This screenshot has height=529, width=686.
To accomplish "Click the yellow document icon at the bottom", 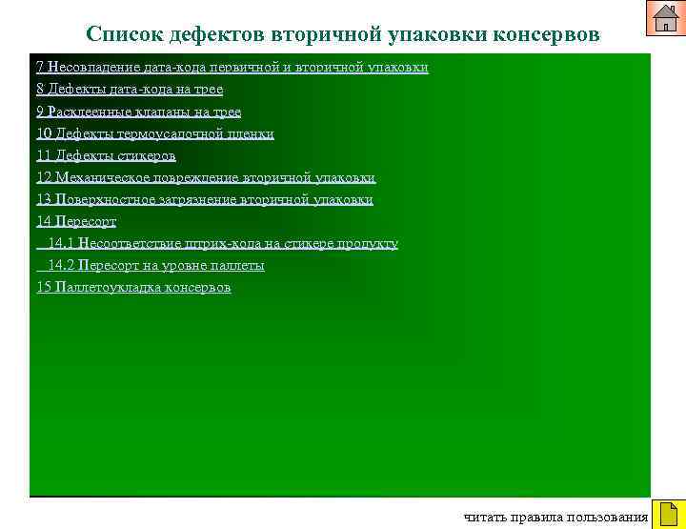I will click(x=668, y=515).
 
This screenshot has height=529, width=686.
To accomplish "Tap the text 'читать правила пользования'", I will click(x=555, y=518).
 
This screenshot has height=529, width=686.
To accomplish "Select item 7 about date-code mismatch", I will click(x=232, y=68).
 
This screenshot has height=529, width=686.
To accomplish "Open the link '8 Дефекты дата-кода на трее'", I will click(x=130, y=90).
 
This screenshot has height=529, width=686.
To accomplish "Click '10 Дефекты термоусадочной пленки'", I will click(x=155, y=133).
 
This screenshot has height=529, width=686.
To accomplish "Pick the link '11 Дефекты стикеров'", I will click(x=106, y=155).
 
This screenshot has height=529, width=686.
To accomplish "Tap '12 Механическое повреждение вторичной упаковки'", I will click(x=206, y=177).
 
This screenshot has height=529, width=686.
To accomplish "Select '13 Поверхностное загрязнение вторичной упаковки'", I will click(x=205, y=199).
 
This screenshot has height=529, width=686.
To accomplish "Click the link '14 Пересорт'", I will click(x=76, y=221).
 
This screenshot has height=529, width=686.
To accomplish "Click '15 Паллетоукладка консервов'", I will click(x=133, y=287).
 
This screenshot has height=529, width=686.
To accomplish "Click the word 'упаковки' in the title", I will click(x=435, y=34).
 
